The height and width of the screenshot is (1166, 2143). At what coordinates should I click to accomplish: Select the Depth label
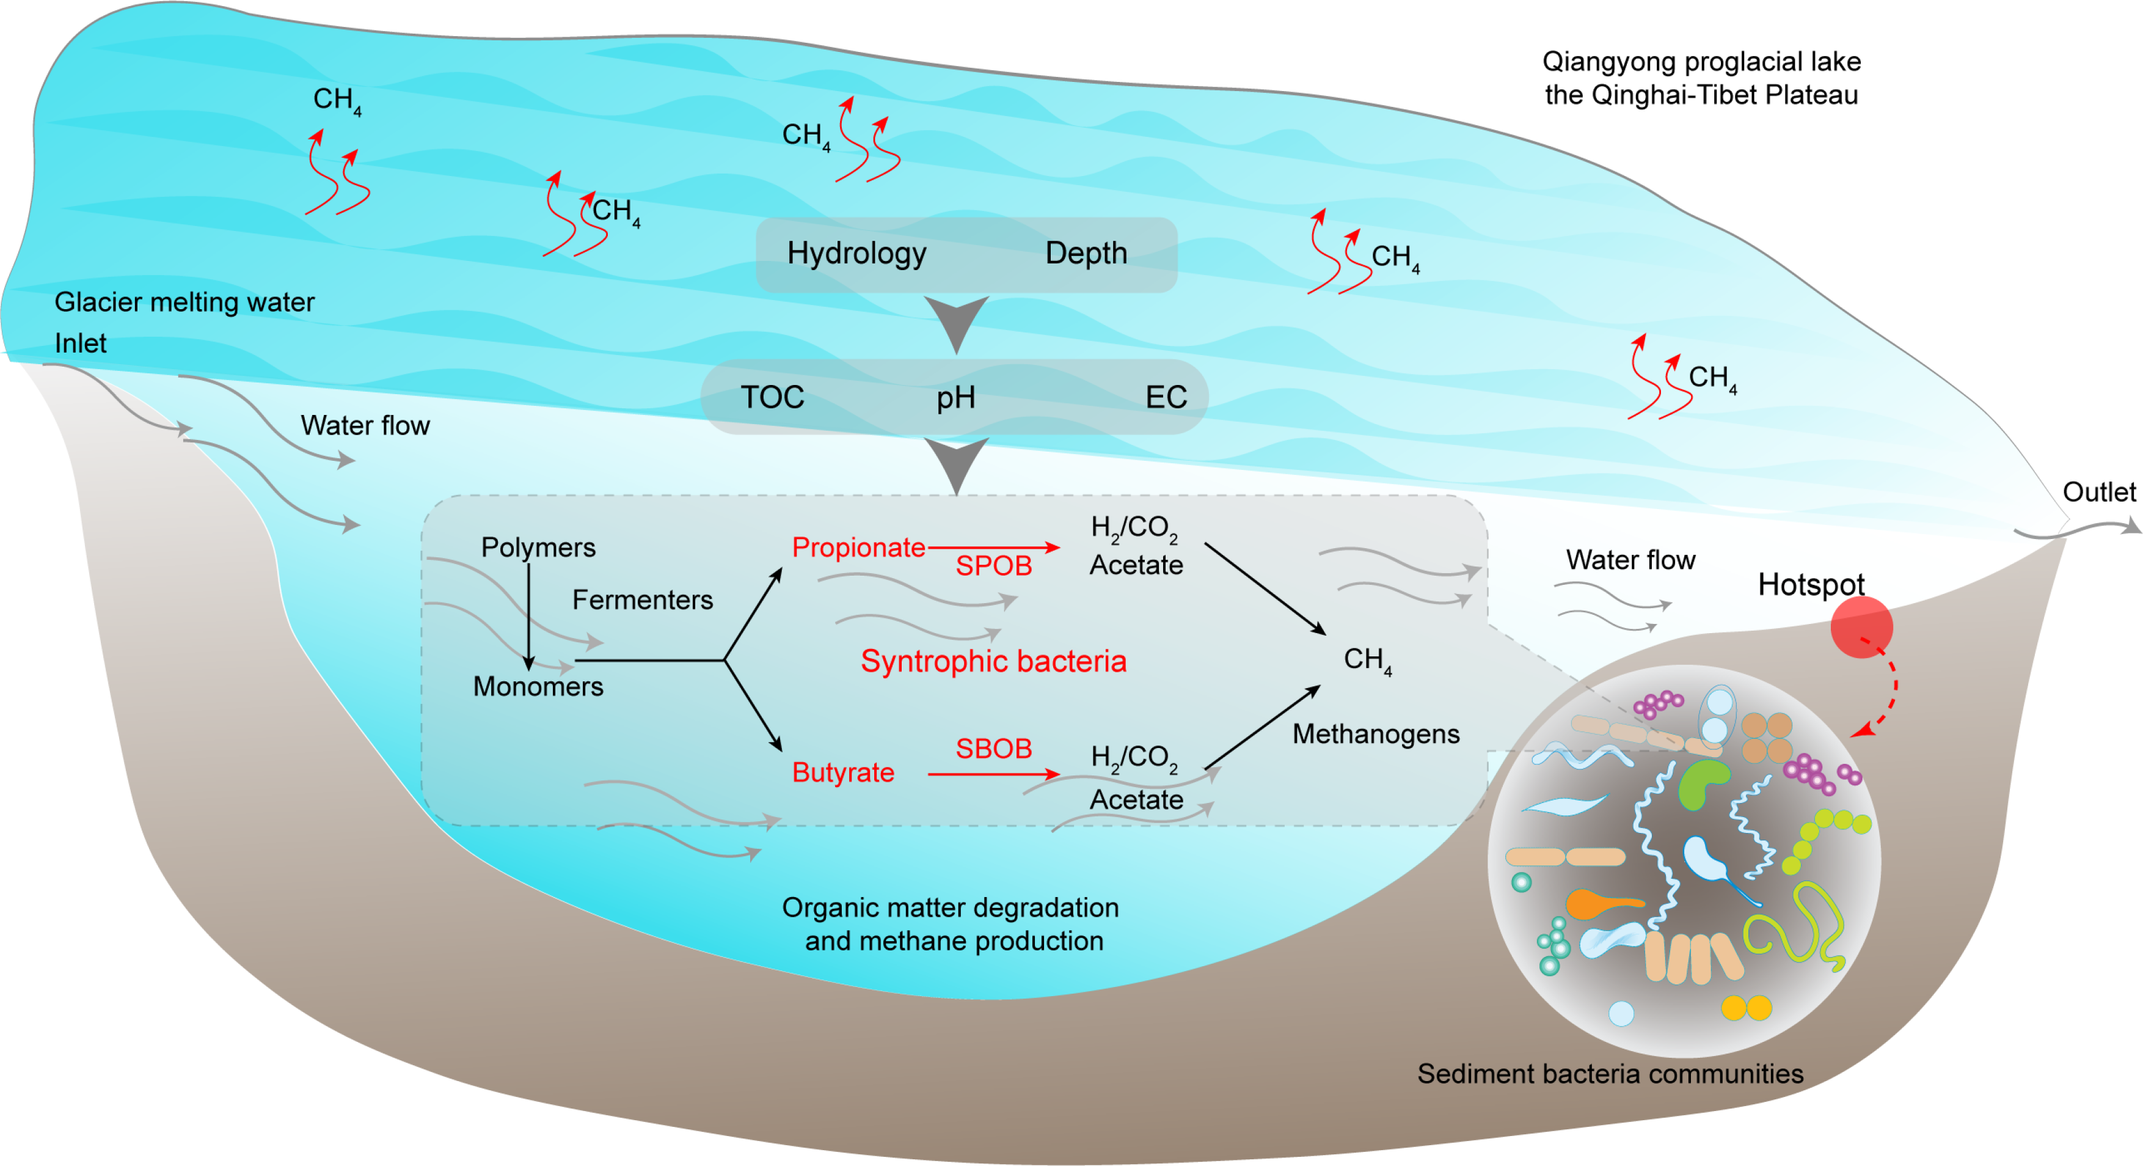coord(1086,253)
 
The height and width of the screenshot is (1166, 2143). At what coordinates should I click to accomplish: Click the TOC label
coord(772,397)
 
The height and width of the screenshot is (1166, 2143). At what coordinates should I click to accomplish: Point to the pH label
coord(955,398)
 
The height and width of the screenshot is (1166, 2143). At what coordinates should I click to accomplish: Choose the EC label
coord(1166,397)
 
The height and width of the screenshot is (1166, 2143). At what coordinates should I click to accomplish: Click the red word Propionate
coord(858,547)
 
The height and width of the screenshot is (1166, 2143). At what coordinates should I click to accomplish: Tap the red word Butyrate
coord(843,772)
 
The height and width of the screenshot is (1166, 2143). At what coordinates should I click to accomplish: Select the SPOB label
coord(993,566)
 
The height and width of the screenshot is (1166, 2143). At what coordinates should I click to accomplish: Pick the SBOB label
coord(993,748)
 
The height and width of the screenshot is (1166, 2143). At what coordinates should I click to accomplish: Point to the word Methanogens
coord(1376,733)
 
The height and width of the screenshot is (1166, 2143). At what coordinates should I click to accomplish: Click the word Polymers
coord(538,547)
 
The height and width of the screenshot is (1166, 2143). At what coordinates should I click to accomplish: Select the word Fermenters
coord(642,599)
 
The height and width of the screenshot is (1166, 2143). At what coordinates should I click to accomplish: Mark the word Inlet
coord(81,343)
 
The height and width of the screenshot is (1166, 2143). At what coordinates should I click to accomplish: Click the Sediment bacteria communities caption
coord(1610,1074)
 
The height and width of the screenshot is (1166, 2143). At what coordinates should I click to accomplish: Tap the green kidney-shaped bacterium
coord(1701,783)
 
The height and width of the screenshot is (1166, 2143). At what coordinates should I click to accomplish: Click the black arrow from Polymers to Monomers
coord(528,616)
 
